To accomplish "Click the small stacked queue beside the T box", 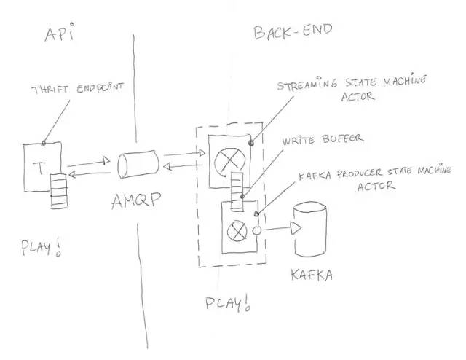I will (58, 189).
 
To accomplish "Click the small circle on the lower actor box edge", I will (257, 231).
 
